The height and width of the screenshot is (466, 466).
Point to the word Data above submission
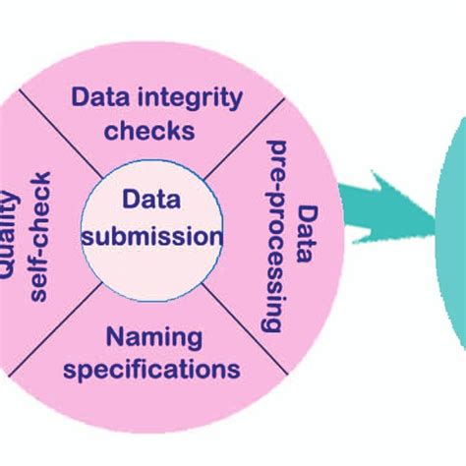[151, 201]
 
